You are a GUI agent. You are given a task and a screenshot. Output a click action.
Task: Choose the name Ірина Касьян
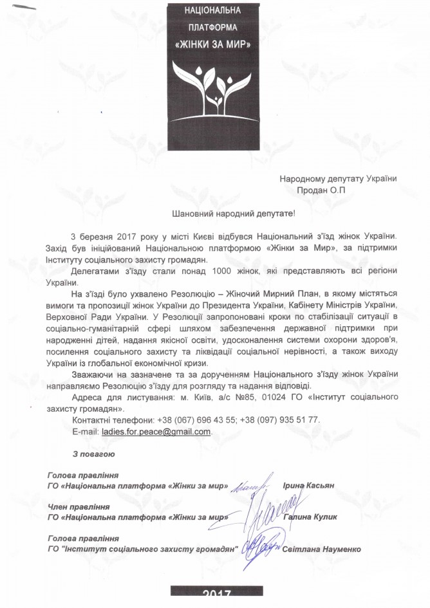pyautogui.click(x=309, y=486)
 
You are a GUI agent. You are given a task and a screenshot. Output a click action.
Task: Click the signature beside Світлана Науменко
pyautogui.click(x=263, y=546)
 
